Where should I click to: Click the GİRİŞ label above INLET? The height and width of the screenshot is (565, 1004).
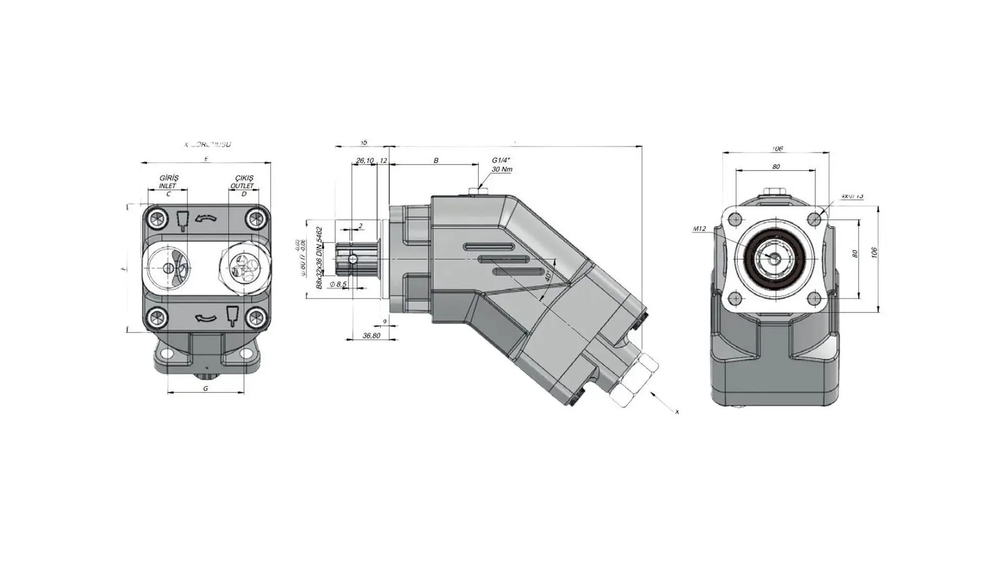coord(168,178)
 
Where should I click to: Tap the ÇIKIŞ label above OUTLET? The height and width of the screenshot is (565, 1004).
coord(243,178)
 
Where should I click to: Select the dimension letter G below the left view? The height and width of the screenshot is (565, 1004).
coord(206,388)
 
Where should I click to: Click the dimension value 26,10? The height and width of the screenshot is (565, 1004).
coord(364,161)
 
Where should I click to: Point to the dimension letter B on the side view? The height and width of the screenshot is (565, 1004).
coord(436,161)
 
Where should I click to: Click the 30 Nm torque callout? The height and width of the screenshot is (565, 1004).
coord(501,169)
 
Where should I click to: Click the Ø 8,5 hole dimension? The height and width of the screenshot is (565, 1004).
coord(338,284)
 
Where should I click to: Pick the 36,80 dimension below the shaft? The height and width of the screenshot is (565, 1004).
coord(371,335)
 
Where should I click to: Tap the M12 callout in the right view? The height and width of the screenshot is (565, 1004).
coord(699,229)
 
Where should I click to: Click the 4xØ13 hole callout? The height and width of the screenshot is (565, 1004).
coord(852,196)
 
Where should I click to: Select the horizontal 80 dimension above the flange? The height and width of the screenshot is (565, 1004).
coord(776,166)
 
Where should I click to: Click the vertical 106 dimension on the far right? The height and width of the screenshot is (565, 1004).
coord(874,253)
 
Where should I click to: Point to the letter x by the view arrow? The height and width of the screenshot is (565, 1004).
coord(677,412)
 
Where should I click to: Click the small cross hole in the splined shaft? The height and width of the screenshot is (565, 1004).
coord(353,259)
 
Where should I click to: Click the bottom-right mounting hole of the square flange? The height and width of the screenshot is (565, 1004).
coord(815,299)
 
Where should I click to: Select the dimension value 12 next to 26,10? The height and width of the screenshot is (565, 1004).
coord(383,161)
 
